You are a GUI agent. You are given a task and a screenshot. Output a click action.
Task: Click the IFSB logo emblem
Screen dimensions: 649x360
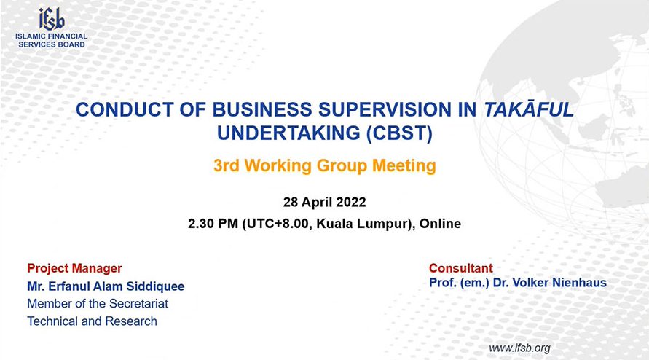52,19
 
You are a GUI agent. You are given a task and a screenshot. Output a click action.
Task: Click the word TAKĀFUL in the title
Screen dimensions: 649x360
529,109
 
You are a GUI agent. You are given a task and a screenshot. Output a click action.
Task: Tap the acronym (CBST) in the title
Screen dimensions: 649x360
399,133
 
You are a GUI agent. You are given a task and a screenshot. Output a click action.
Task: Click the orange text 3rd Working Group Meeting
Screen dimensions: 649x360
325,165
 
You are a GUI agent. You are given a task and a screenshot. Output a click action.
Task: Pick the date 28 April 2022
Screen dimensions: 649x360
325,202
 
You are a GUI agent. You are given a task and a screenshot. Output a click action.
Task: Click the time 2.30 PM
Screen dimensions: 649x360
213,224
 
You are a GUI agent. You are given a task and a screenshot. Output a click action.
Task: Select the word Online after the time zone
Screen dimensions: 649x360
440,224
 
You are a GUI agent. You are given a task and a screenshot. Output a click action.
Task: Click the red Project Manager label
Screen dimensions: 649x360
74,268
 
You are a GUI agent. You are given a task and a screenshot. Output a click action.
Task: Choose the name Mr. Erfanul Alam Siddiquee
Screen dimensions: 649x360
106,286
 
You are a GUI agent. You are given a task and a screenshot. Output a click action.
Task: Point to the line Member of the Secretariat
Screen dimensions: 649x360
98,304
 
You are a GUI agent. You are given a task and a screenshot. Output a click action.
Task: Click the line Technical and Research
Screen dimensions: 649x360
93,321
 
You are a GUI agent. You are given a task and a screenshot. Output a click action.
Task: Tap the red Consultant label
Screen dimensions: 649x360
461,268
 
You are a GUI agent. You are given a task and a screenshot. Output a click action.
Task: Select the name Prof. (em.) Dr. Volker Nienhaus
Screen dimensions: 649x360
518,283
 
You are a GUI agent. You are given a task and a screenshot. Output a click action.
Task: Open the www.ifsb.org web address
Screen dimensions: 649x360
519,348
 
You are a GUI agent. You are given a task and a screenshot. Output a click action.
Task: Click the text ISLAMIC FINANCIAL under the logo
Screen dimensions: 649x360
51,36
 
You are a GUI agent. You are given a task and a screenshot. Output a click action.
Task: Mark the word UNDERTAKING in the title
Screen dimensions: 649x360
288,133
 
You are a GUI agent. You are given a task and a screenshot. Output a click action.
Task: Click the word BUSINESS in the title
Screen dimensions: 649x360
262,110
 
